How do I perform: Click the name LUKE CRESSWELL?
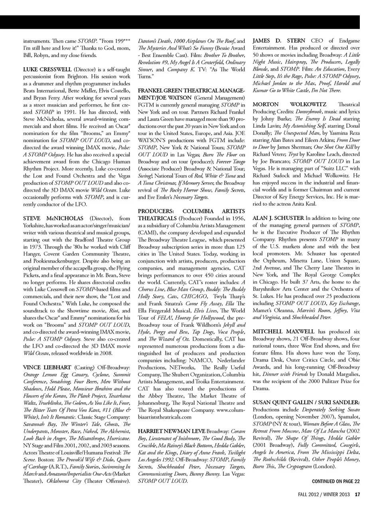[x=47, y=69]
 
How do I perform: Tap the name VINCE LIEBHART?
[x=47, y=367]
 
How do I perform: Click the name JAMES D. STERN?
[x=279, y=41]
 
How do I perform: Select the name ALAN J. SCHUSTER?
[x=278, y=218]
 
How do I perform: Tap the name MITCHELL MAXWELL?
[x=284, y=332]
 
